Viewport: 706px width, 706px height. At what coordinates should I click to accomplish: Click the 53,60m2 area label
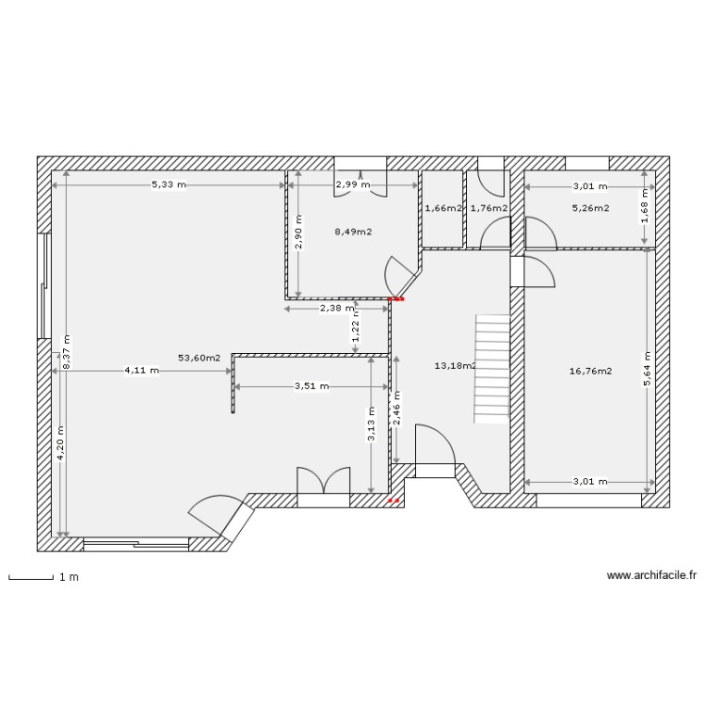tap(199, 358)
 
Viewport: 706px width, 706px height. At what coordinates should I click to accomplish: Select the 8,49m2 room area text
tap(353, 231)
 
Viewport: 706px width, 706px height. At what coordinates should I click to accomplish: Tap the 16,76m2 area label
tap(591, 371)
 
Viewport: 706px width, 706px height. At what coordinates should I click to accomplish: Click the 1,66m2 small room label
tap(442, 208)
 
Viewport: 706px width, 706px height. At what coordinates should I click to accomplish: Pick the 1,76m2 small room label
tap(489, 208)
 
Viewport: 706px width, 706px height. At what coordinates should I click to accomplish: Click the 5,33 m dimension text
tap(169, 185)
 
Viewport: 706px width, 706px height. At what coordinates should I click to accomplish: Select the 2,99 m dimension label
tap(353, 185)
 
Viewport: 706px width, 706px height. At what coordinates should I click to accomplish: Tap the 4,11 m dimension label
tap(142, 371)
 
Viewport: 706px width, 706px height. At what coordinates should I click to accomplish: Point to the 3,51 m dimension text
tap(312, 386)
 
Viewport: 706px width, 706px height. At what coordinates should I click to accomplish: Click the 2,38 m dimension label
tap(337, 308)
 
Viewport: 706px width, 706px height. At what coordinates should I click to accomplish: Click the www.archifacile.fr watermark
tap(651, 575)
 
